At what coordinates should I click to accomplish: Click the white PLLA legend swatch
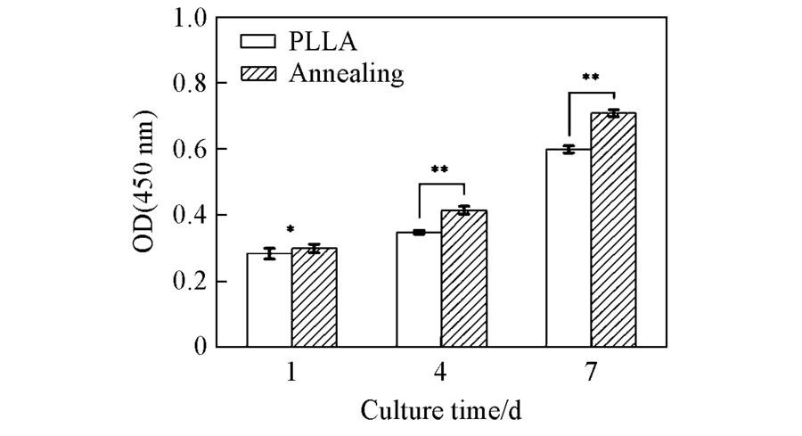click(258, 41)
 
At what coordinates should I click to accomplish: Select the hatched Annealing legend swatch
click(258, 74)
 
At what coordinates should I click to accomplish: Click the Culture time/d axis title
click(439, 412)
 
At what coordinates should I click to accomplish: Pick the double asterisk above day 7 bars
click(590, 78)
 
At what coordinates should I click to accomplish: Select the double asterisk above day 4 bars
click(440, 169)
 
